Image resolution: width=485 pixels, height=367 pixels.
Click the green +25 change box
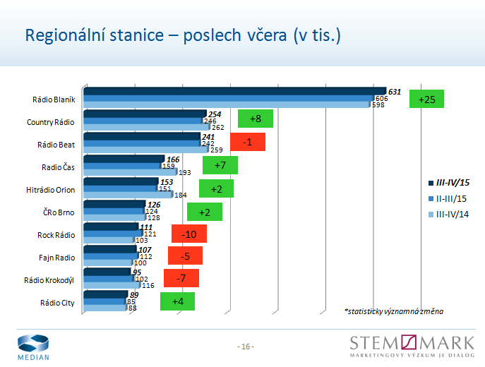coord(426,100)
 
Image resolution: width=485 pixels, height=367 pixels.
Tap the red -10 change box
coord(188,234)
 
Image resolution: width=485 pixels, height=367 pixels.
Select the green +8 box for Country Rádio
coord(255,119)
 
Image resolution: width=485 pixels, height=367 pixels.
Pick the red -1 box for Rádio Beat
coord(247,142)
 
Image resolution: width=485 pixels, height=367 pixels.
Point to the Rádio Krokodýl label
coord(49,280)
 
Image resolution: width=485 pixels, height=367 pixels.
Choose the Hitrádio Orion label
coord(50,190)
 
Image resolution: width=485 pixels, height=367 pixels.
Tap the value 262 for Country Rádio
coord(217,128)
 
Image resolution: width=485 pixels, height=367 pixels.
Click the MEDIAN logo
coord(33,347)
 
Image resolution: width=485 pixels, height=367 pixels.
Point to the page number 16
coord(245,347)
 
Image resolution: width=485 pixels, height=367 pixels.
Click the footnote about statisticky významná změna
coord(394,311)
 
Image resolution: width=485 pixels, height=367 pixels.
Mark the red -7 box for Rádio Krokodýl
coord(181,279)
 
